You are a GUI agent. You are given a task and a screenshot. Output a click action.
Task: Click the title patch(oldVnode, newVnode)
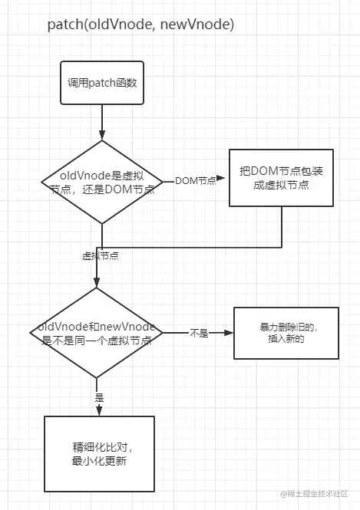(140, 25)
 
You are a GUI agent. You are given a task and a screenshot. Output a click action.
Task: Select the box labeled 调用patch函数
(101, 83)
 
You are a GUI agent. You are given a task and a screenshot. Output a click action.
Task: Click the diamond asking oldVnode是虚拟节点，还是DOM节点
(101, 181)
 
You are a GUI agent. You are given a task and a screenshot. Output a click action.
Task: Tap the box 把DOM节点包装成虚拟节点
(281, 178)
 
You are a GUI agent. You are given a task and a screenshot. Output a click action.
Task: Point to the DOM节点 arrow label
(195, 181)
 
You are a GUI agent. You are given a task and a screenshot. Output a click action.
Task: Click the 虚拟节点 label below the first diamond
(100, 255)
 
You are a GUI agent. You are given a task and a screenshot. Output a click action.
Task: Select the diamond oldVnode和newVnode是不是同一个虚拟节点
(97, 333)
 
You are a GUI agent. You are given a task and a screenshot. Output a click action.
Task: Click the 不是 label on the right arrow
(199, 334)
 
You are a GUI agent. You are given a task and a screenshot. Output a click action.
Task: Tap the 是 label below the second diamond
(98, 398)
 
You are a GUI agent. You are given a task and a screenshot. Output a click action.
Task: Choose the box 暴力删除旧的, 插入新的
(286, 333)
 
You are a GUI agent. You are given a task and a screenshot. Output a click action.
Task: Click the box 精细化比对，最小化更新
(99, 454)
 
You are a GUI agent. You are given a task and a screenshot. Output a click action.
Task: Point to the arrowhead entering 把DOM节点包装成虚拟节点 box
(224, 181)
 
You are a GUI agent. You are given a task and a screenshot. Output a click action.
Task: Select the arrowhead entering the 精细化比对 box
(97, 411)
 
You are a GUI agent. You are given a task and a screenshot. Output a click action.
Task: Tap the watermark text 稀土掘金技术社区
(318, 493)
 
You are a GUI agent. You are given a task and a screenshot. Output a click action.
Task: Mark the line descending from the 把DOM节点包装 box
(281, 227)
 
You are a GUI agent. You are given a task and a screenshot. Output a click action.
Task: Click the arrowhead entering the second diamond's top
(97, 283)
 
